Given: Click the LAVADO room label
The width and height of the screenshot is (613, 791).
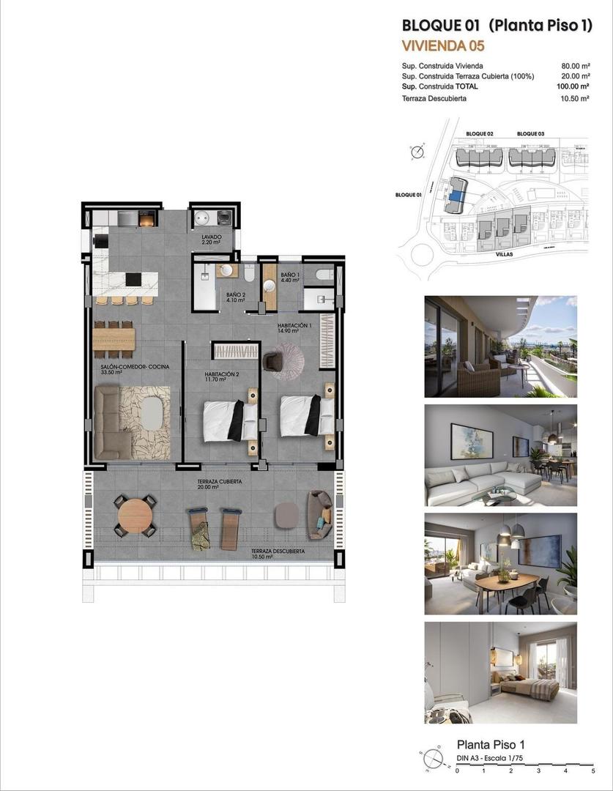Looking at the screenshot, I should [212, 238].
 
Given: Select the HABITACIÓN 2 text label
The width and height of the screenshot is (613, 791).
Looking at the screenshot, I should [221, 374].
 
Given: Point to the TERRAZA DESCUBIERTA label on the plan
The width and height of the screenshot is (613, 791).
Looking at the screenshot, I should [278, 552].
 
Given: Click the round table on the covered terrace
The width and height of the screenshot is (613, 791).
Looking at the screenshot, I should [135, 516].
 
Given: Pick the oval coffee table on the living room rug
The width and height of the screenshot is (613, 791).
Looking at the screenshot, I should [152, 413].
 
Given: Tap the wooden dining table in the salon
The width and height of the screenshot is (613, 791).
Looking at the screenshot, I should [114, 338].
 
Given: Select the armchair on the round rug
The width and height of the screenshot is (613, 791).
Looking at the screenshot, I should [273, 362].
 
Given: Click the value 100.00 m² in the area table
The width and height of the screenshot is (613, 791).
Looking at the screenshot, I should [573, 86].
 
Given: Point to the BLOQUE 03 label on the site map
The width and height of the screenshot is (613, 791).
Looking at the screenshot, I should [530, 134].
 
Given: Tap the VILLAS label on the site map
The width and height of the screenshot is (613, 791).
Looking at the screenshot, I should [503, 253].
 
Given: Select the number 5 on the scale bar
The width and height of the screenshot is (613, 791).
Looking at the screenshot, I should [592, 771].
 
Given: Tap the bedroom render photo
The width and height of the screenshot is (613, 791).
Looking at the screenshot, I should [500, 672].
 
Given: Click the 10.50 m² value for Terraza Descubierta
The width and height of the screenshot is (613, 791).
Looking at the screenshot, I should [574, 98].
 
